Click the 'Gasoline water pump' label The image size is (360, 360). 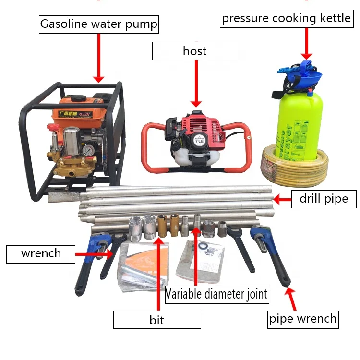(98, 24)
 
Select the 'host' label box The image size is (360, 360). (195, 51)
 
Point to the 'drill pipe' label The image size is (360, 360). (324, 198)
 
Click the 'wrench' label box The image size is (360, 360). (41, 253)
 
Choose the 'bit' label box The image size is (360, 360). (157, 319)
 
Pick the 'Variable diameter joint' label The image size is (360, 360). (216, 294)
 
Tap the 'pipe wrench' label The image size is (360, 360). (303, 318)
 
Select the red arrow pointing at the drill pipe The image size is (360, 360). (283, 198)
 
